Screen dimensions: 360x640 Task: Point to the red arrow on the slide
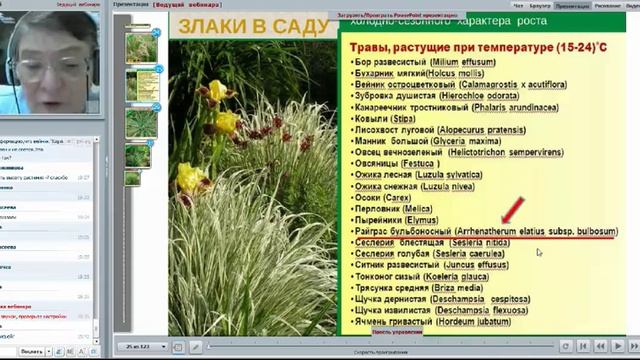(x=514, y=211)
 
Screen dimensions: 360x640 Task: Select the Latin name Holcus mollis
(x=456, y=74)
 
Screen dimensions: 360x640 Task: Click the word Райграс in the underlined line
(x=376, y=231)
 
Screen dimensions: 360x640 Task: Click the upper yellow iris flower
(x=217, y=92)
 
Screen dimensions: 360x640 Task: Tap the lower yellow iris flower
(x=190, y=179)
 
